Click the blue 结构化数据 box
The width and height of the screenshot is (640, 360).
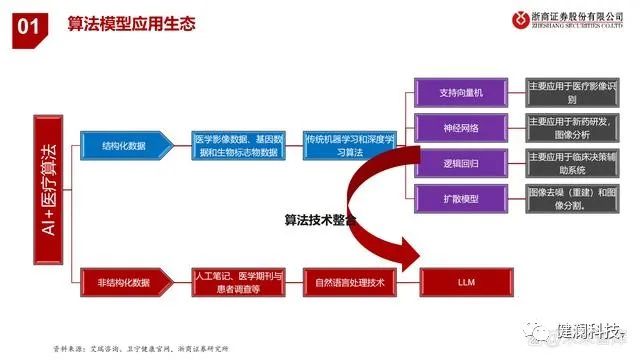[123, 145]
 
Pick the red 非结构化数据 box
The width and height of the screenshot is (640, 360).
[123, 282]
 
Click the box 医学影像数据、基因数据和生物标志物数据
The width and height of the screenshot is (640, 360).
[237, 146]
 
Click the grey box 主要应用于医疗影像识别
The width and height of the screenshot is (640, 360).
[571, 93]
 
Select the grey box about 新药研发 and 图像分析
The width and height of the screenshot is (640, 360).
[571, 128]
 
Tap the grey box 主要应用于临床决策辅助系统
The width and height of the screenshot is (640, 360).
[571, 163]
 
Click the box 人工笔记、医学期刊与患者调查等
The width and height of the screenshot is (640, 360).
[237, 282]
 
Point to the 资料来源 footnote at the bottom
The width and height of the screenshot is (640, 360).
[140, 348]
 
